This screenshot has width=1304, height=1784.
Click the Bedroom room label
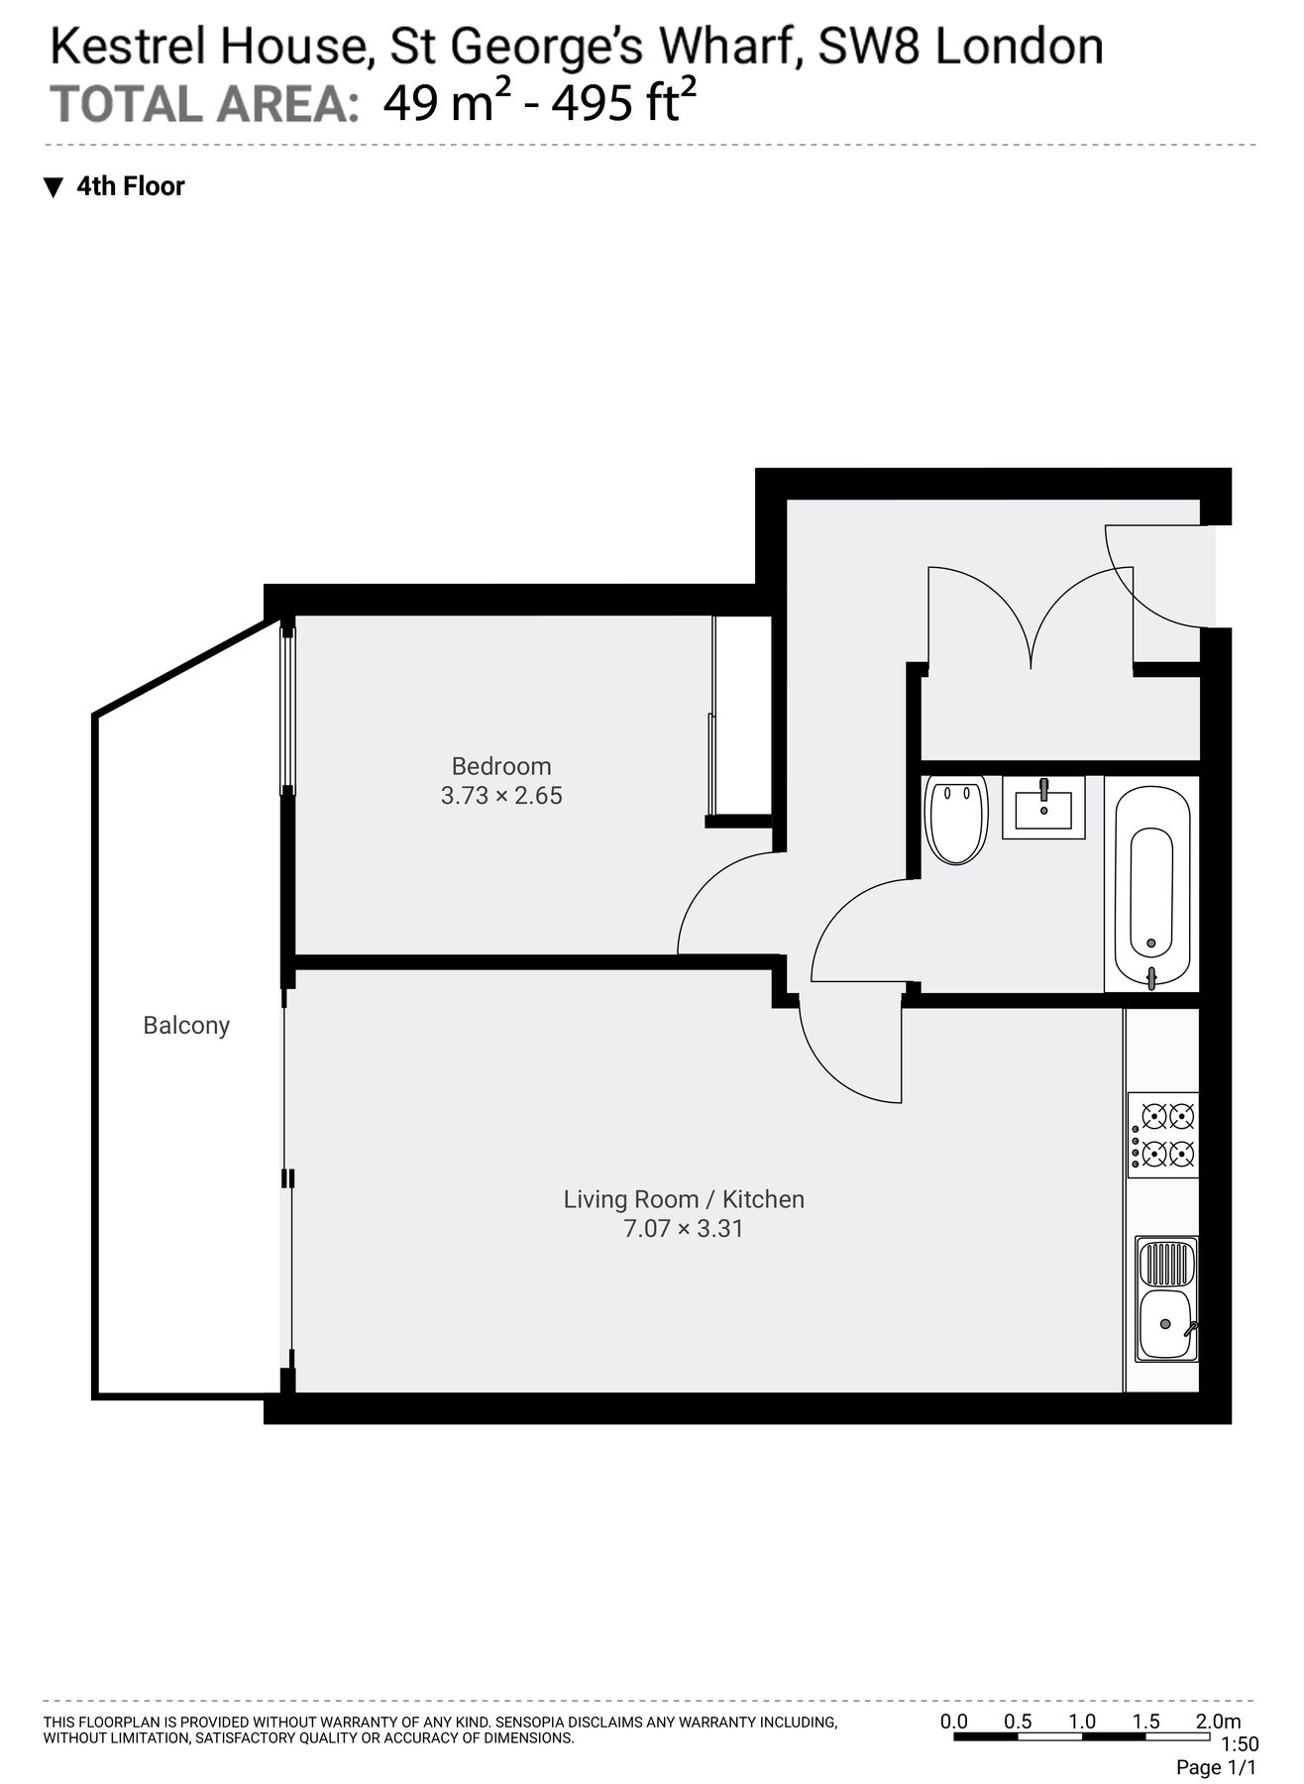click(x=500, y=766)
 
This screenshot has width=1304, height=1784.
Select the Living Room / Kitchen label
click(x=684, y=1199)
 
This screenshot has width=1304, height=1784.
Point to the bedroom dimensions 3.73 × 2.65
click(x=501, y=796)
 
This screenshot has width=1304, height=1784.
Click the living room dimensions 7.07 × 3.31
click(x=684, y=1229)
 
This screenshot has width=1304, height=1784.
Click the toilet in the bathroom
click(x=956, y=818)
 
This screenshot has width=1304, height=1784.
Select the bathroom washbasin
click(x=1043, y=807)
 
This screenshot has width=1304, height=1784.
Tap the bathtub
click(x=1151, y=884)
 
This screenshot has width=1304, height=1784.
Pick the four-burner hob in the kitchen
click(x=1163, y=1135)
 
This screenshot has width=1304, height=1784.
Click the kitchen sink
click(x=1166, y=1299)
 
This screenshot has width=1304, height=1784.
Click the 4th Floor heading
click(x=130, y=186)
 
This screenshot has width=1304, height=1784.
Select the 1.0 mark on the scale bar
click(x=1082, y=1722)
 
